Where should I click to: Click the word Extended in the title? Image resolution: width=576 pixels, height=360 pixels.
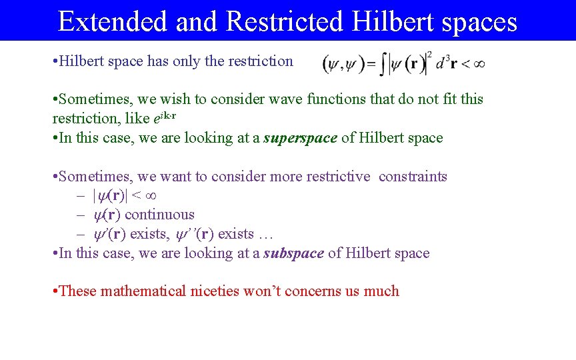[113, 21]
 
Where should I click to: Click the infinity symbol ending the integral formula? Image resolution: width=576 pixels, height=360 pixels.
[478, 64]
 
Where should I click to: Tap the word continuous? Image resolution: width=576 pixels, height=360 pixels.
[159, 215]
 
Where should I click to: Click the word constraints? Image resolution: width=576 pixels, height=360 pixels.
[413, 177]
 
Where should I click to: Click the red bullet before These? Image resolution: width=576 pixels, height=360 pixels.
[55, 291]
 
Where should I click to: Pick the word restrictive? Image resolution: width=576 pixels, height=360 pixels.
[337, 177]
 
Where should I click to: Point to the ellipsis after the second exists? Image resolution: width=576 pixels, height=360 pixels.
[265, 235]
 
